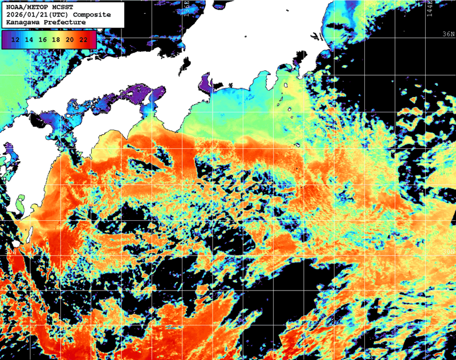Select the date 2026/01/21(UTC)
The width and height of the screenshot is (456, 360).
point(35,14)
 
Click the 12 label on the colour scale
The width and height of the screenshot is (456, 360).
point(16,39)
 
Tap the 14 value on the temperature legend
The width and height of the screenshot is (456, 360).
point(29,39)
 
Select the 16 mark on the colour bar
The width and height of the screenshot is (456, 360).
point(43,39)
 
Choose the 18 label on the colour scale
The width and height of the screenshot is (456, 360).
point(56,39)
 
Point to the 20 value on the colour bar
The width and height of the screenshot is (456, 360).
point(70,39)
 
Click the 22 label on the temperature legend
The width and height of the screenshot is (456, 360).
point(83,39)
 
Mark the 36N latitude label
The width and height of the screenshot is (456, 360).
point(449,34)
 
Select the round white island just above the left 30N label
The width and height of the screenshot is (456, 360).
point(16,244)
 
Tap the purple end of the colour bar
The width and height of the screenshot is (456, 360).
point(6,39)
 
